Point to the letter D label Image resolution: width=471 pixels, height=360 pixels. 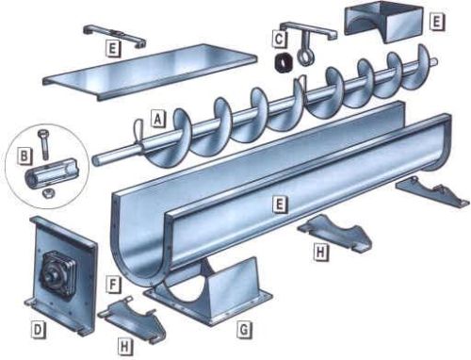pos(39,330)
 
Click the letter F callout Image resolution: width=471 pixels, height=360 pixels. pos(112,283)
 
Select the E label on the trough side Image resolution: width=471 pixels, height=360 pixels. pos(280,203)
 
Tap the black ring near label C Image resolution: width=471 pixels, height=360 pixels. pos(281,64)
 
